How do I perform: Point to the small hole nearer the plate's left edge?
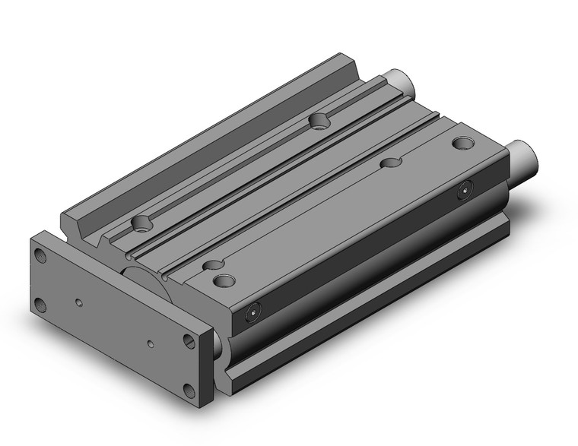80,303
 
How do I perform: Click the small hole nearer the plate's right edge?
151,344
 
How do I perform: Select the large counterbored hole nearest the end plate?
224,282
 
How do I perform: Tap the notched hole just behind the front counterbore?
212,264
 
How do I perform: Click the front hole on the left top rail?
141,223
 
